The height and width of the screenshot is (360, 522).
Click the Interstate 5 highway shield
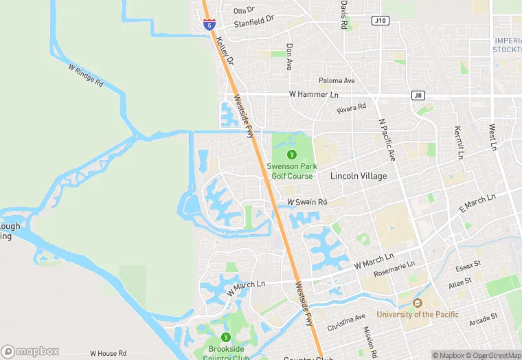(x=209, y=25)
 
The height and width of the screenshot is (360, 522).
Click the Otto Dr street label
(x=244, y=10)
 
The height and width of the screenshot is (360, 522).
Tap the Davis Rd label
(x=343, y=14)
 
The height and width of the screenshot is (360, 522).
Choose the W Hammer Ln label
(x=314, y=94)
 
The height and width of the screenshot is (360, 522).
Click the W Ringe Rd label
(x=86, y=75)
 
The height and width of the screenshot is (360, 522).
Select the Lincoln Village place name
(x=359, y=177)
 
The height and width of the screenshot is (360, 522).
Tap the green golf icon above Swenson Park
(x=291, y=154)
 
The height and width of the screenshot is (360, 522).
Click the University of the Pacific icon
(x=417, y=303)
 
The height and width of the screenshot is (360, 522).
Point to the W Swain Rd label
(x=307, y=202)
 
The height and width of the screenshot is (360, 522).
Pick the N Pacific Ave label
(x=387, y=139)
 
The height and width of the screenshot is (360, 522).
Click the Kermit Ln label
(x=458, y=142)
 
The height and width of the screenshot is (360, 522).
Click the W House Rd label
(x=108, y=353)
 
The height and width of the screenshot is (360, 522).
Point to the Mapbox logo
(x=30, y=351)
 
